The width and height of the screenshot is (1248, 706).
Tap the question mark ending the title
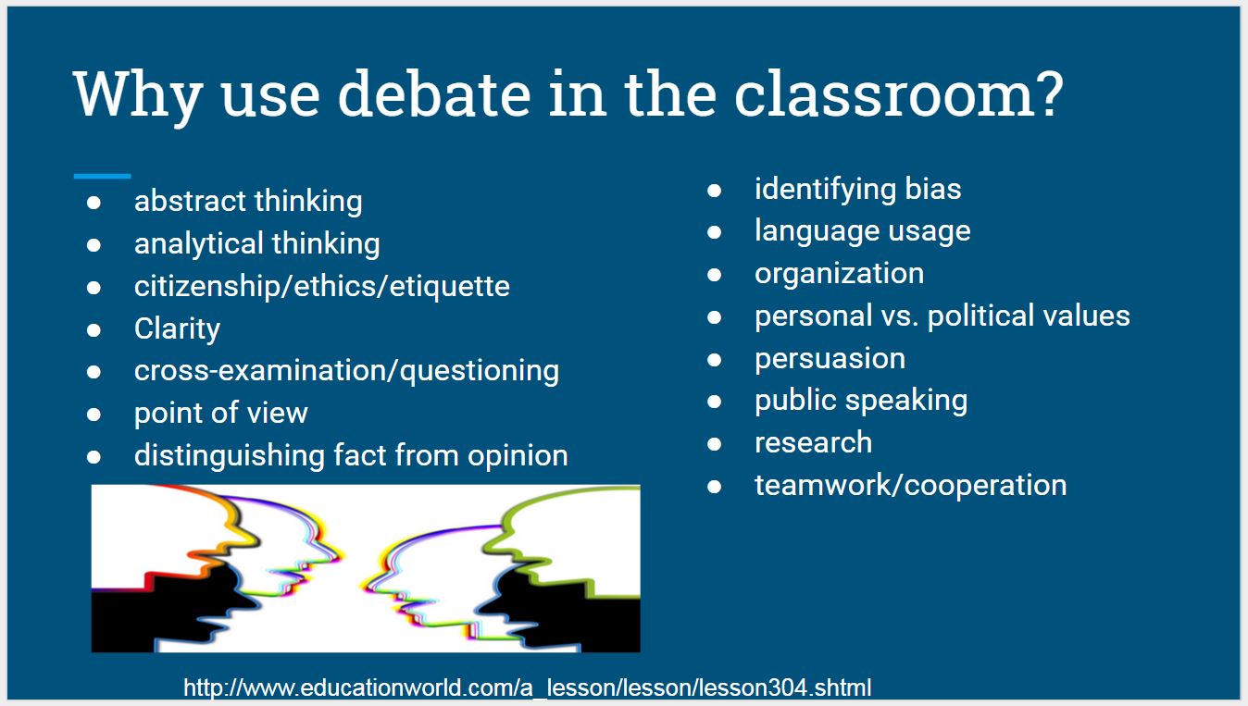(1044, 94)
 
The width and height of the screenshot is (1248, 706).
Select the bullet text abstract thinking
(248, 201)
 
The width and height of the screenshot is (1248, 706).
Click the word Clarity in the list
(177, 328)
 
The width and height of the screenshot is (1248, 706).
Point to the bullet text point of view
(220, 413)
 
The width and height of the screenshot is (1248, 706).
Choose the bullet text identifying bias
(857, 189)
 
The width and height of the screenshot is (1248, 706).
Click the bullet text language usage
(862, 230)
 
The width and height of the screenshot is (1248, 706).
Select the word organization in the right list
(839, 273)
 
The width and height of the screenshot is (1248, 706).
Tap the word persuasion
(830, 358)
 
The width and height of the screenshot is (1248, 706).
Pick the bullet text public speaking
(861, 401)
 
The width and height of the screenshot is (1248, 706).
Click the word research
(813, 442)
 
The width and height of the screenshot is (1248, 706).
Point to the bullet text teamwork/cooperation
(910, 485)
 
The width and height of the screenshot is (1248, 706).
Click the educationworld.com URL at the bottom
(527, 687)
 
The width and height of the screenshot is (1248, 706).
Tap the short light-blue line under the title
(102, 175)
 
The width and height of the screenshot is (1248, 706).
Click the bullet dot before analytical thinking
(94, 245)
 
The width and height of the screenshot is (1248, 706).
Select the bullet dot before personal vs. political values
(714, 316)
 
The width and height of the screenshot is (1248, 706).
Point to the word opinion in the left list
(518, 455)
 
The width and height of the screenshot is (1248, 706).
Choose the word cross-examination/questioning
(346, 370)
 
